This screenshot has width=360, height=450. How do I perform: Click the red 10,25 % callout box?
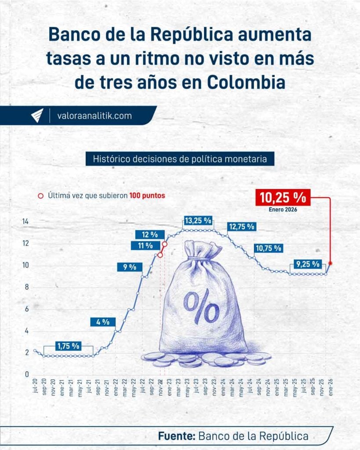point(283,197)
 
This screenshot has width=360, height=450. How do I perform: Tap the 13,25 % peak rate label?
point(198,220)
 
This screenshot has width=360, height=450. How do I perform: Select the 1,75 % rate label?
point(68,345)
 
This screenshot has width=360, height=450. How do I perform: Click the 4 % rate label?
point(102,322)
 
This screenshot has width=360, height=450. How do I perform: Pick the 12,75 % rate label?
point(241,227)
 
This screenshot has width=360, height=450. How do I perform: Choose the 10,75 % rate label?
point(268,248)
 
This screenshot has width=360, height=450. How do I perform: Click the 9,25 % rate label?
point(308,265)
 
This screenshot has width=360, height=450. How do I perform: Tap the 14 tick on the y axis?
point(26,221)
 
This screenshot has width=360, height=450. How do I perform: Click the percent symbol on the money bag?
point(201,306)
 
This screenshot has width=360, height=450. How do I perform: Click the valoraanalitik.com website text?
point(95,116)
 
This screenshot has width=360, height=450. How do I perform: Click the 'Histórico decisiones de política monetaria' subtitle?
point(180,159)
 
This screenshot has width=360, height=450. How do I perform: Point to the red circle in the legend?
point(41,196)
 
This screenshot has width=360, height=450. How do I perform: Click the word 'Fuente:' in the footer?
point(177,437)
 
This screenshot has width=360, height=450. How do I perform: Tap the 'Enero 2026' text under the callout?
point(283,210)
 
